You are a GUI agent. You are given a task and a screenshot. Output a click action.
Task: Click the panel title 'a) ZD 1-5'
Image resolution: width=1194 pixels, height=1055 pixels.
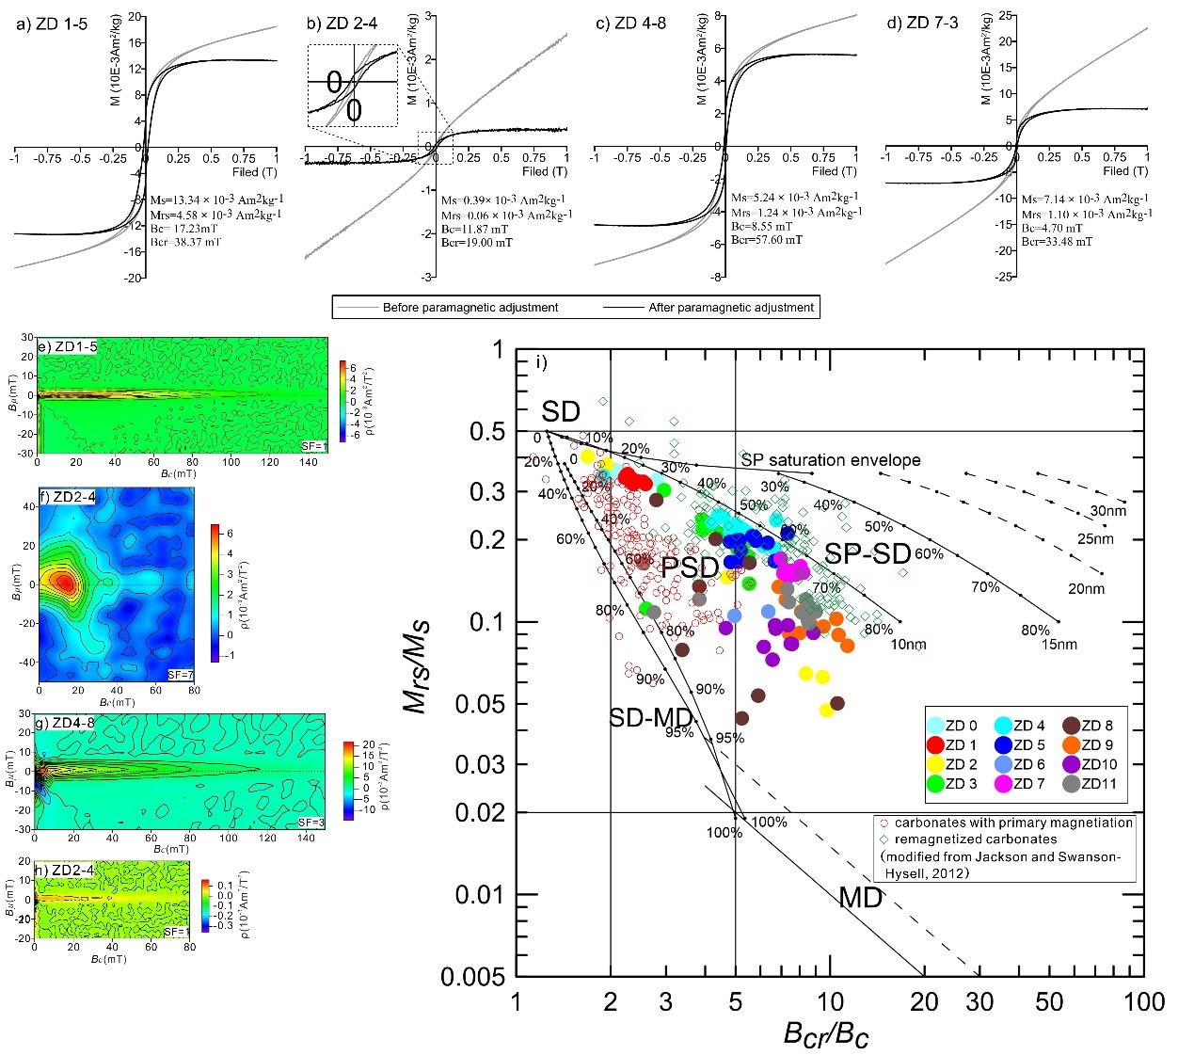point(53,24)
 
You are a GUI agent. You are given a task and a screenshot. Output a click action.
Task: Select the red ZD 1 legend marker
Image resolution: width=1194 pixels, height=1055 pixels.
point(935,745)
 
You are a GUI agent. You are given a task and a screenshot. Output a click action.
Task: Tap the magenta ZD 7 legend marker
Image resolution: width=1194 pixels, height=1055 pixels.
point(1003,783)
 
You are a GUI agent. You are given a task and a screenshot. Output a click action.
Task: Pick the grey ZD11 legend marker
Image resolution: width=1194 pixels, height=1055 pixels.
point(1071,783)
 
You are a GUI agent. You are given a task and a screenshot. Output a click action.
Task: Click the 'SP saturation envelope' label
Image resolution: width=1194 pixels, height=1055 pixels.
point(830,460)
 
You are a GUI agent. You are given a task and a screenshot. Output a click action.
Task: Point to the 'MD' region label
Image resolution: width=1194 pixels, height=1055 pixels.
point(861,897)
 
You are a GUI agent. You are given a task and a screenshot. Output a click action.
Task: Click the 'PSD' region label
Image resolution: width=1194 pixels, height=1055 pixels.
point(690,567)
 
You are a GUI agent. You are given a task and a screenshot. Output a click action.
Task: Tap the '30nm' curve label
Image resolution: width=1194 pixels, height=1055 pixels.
point(1107,511)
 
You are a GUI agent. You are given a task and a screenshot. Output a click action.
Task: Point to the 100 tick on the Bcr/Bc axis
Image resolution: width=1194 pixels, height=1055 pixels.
point(1144,1001)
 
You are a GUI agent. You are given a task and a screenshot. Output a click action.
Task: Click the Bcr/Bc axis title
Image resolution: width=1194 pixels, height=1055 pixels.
point(825,1033)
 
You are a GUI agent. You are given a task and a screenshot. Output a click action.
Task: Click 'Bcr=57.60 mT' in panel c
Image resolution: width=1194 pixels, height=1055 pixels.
point(766,240)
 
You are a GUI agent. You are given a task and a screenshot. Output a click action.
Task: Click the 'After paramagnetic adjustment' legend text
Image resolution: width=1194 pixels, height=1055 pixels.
point(731,308)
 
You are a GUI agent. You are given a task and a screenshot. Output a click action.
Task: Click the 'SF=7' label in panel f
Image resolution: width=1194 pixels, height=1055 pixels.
point(180,675)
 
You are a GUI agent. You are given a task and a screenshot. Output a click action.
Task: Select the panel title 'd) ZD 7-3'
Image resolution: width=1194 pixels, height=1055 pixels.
point(922,23)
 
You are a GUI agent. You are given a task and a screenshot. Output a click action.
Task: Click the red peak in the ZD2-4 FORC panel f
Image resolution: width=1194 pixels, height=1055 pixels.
point(64,583)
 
